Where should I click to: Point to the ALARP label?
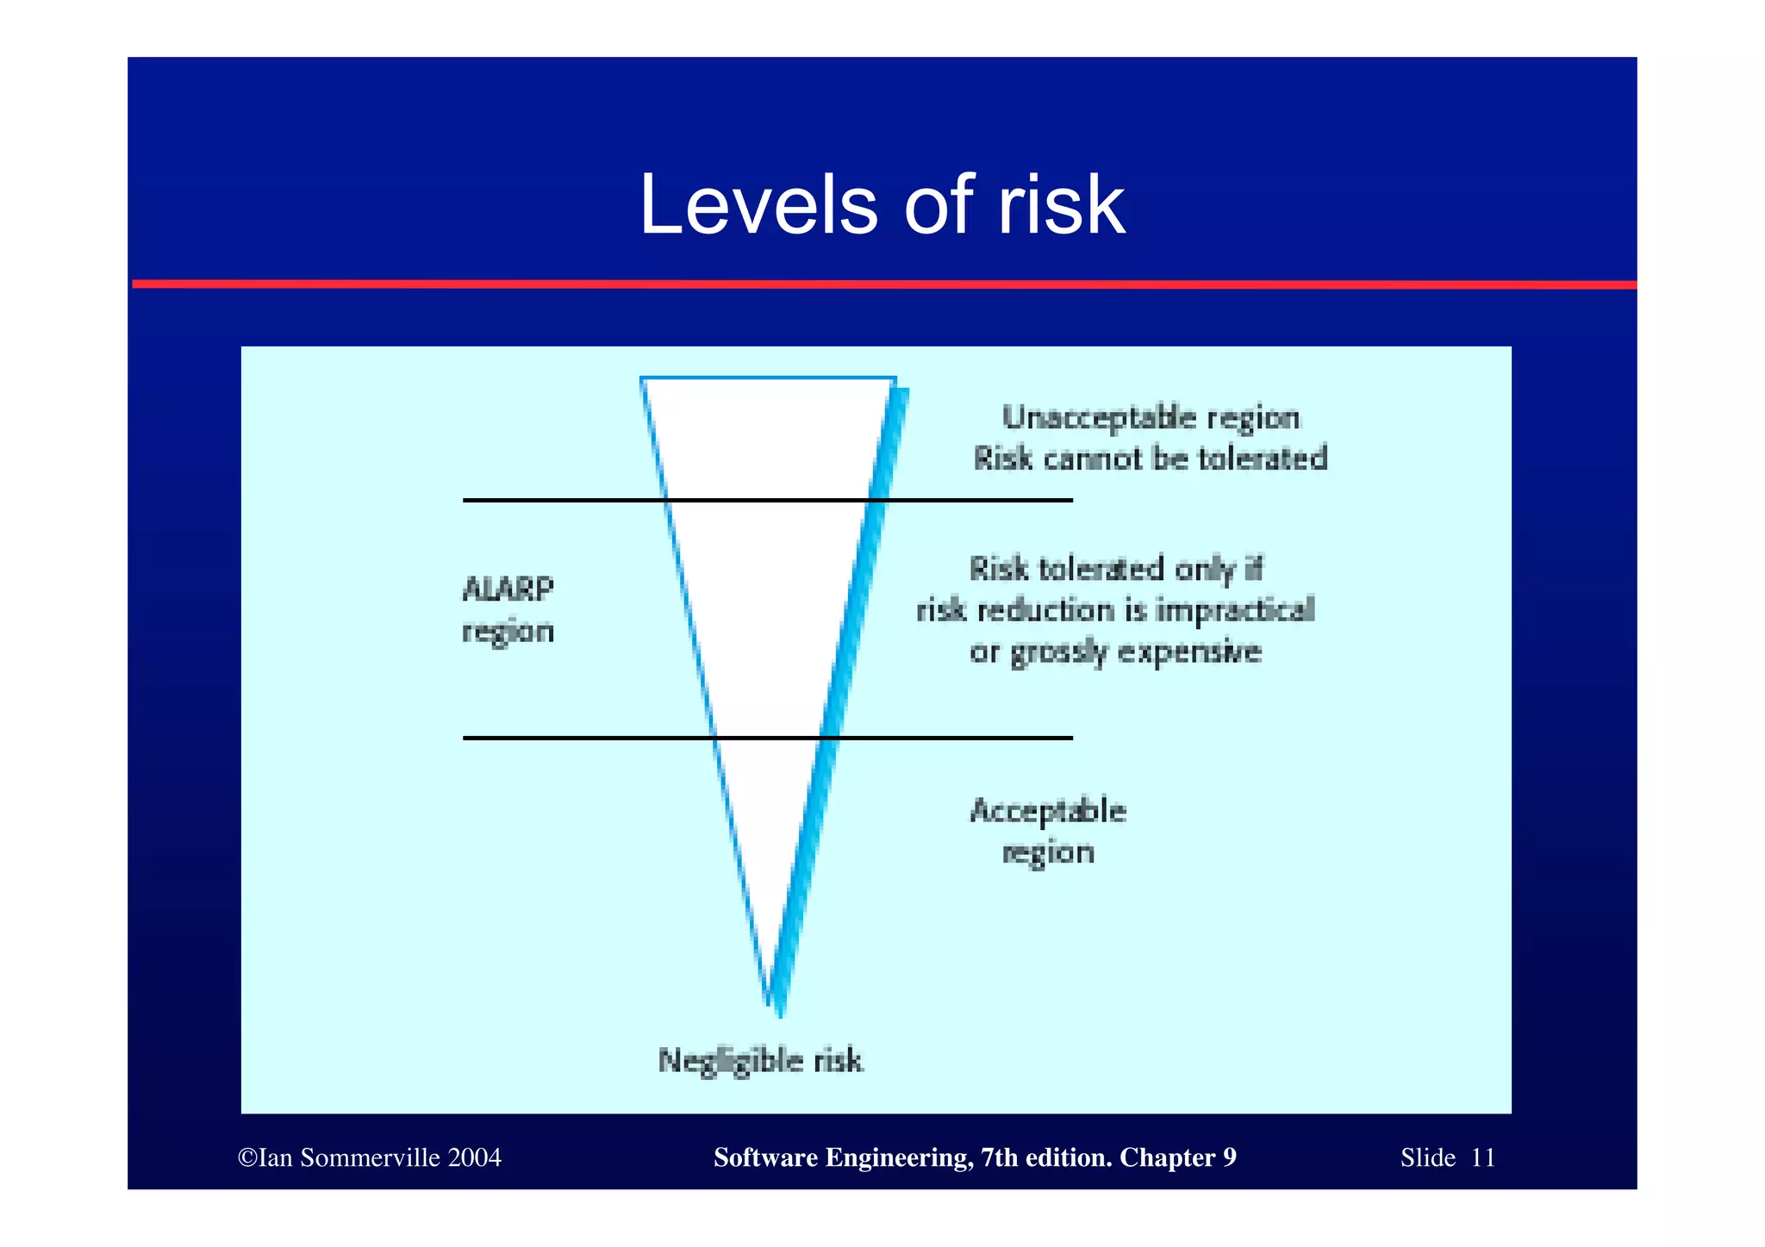click(x=508, y=589)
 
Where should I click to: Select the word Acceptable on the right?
click(x=1047, y=811)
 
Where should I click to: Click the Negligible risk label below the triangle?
click(x=759, y=1060)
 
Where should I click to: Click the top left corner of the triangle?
click(x=642, y=379)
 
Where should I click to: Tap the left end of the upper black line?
click(x=465, y=500)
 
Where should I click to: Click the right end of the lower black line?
click(x=1070, y=738)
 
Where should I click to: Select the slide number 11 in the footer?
click(x=1482, y=1157)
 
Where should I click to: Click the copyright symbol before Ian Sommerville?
click(x=247, y=1157)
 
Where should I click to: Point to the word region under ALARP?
click(x=508, y=632)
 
